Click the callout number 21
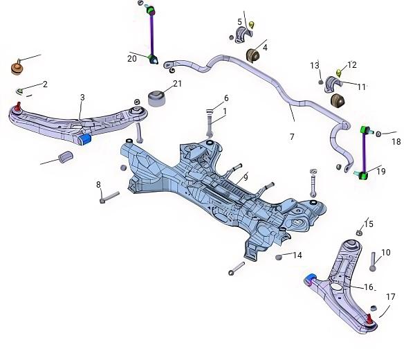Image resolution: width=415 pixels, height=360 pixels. (x=177, y=84)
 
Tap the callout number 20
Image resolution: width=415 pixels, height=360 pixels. (x=132, y=59)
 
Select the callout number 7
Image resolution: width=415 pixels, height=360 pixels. (x=292, y=136)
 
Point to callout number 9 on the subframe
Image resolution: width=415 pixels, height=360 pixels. (x=246, y=177)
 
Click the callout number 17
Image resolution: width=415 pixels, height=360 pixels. (x=391, y=297)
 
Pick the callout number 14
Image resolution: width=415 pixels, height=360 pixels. (x=297, y=255)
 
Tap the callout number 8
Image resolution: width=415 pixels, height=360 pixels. (x=98, y=184)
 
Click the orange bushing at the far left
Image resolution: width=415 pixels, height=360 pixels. (x=17, y=68)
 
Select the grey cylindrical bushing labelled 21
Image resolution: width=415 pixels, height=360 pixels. (x=157, y=98)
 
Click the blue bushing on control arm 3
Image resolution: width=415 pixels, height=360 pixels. (x=85, y=139)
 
